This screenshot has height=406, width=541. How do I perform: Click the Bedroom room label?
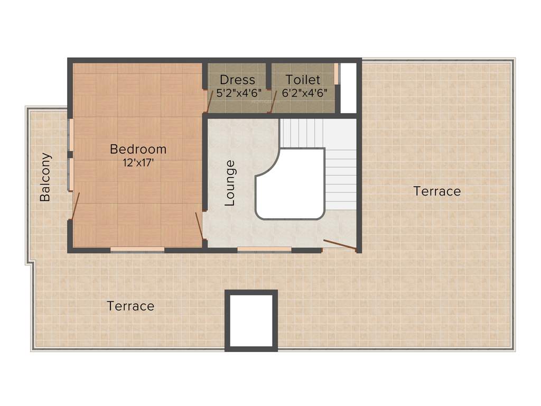pos(138,149)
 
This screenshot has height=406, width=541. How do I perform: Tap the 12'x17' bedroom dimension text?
pos(138,163)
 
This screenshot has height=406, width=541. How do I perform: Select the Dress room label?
pos(237,80)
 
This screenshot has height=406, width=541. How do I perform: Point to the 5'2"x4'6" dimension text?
pos(239,93)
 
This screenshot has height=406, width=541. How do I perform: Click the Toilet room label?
pos(303,80)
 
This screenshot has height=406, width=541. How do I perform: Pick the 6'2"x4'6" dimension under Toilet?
pos(304,93)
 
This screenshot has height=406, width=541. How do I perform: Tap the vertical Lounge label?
pos(230,183)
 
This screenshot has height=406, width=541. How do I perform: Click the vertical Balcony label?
pos(46,177)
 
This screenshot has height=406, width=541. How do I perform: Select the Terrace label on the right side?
pos(437,191)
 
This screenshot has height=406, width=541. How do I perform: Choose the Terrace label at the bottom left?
pos(130,306)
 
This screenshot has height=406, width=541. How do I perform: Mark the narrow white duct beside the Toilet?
pos(348,88)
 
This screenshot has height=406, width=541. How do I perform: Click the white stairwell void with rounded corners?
pos(291,185)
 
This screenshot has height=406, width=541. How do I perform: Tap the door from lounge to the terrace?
pos(340,244)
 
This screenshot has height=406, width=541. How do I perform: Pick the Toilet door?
pos(272,103)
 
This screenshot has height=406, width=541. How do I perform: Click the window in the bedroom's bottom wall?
pos(137,249)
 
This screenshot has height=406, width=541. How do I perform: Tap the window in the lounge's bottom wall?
pos(264,249)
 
